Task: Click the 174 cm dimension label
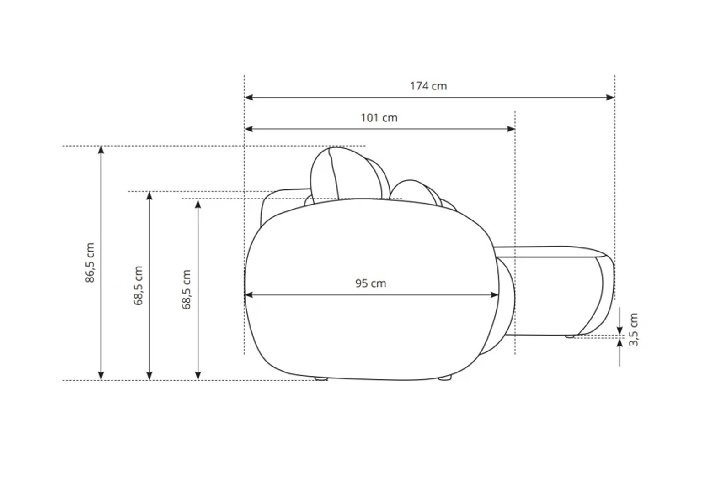point(428,86)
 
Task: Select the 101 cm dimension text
point(379,118)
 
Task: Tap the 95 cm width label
point(370,283)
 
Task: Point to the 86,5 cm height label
point(90,263)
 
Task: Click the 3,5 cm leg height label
point(633,330)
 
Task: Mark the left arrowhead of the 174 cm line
point(249,97)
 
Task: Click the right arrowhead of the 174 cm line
point(610,97)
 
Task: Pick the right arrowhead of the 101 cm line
point(511,129)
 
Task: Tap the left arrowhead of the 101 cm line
point(249,129)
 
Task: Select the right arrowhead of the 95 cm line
point(495,295)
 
